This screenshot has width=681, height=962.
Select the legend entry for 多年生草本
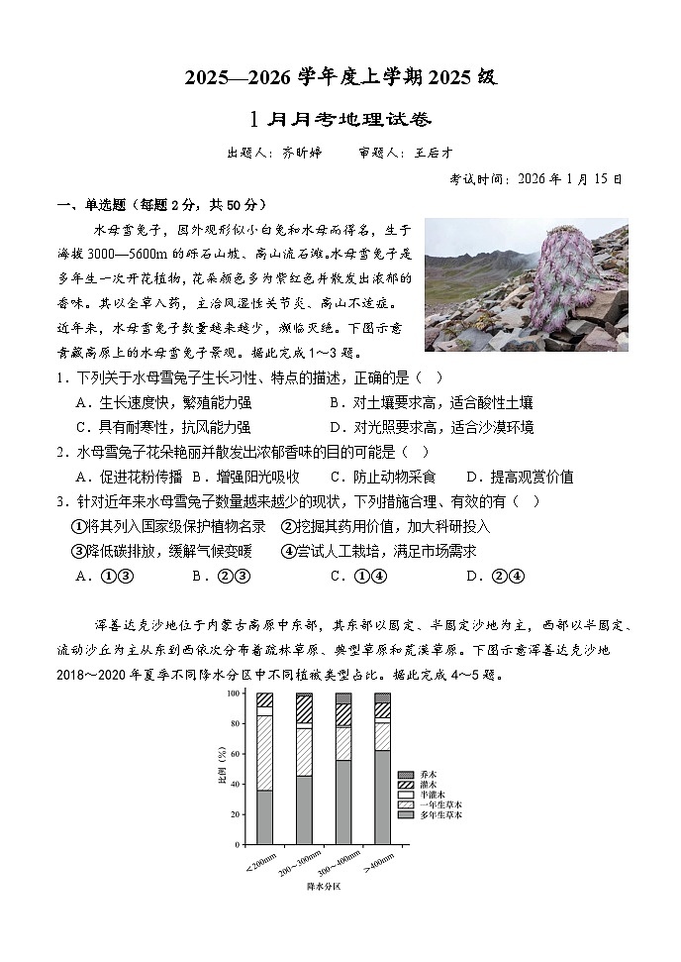[x=428, y=814]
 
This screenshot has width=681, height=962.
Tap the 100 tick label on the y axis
[x=233, y=694]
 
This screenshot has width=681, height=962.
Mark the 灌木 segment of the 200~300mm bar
[x=305, y=711]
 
